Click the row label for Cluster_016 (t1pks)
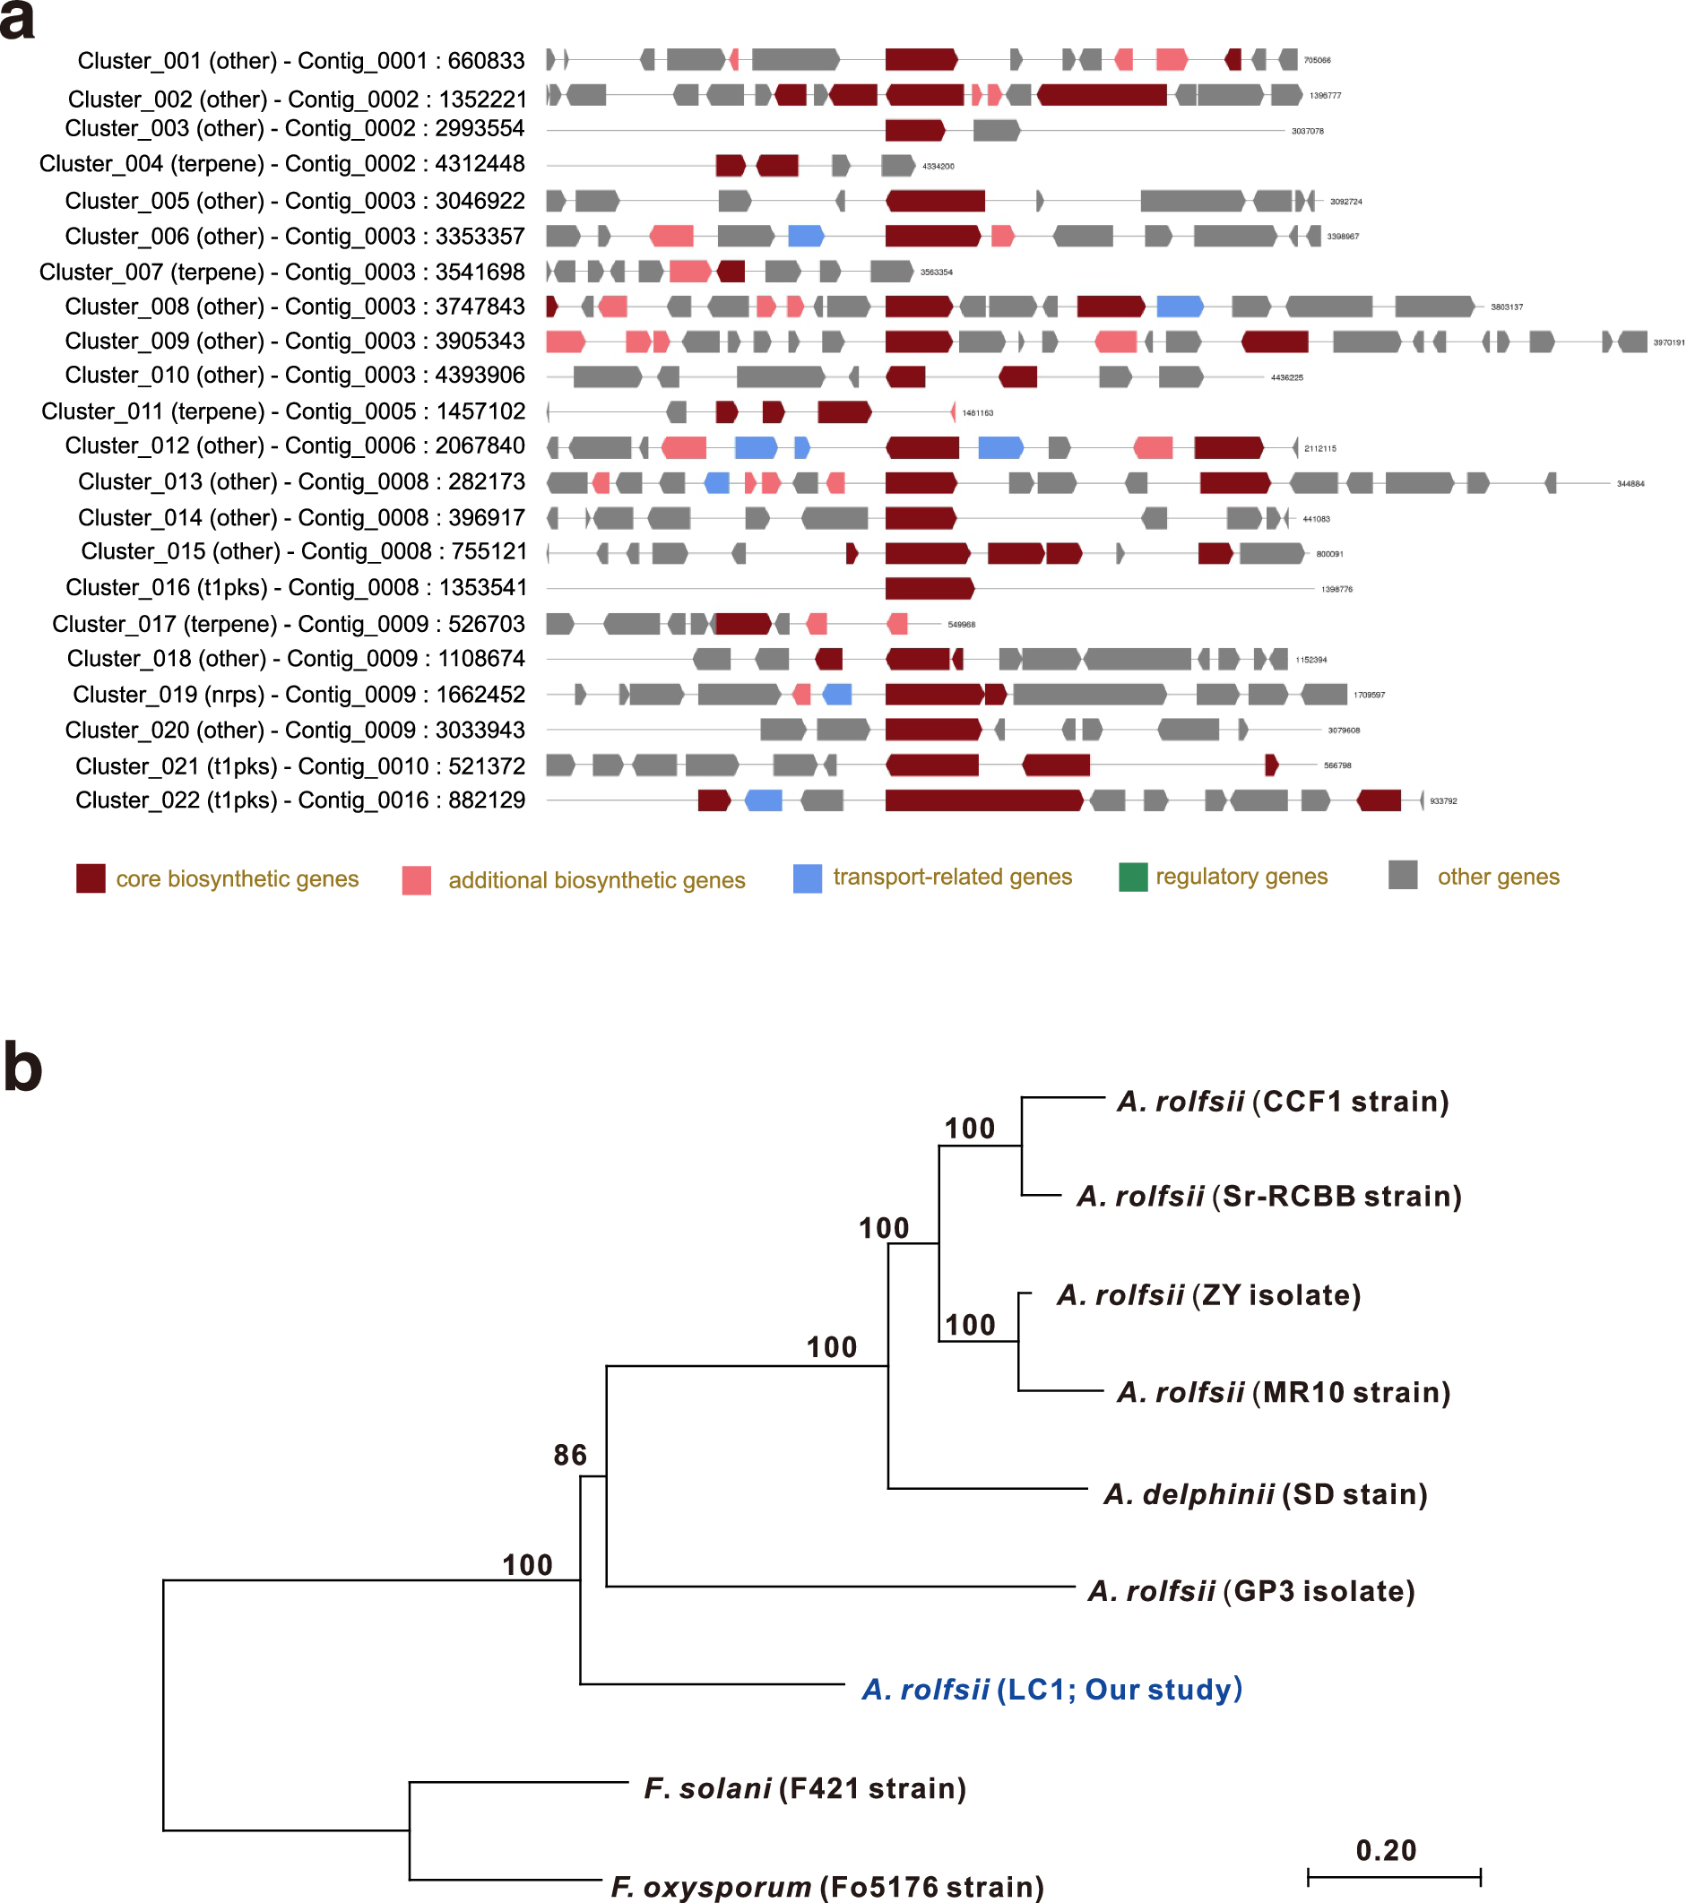pyautogui.click(x=296, y=588)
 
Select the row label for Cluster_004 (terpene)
pyautogui.click(x=281, y=164)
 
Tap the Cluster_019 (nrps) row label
pyautogui.click(x=298, y=695)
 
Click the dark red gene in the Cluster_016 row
pyautogui.click(x=930, y=589)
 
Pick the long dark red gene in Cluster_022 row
pyautogui.click(x=984, y=800)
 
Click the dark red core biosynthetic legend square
pyautogui.click(x=91, y=879)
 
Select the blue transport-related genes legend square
pyautogui.click(x=807, y=879)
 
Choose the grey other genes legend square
pyautogui.click(x=1403, y=875)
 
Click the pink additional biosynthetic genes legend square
pyautogui.click(x=417, y=881)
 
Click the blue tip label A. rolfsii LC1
pyautogui.click(x=1051, y=1690)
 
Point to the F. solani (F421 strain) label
pyautogui.click(x=804, y=1789)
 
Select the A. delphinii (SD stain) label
pyautogui.click(x=1266, y=1494)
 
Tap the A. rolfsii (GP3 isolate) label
pyautogui.click(x=1250, y=1591)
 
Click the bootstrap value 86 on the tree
pyautogui.click(x=569, y=1456)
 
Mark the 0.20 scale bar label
pyautogui.click(x=1386, y=1851)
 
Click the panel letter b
pyautogui.click(x=22, y=1068)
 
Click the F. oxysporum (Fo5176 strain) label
pyautogui.click(x=826, y=1886)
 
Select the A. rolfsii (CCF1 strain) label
pyautogui.click(x=1283, y=1102)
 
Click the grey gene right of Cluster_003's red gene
pyautogui.click(x=996, y=130)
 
